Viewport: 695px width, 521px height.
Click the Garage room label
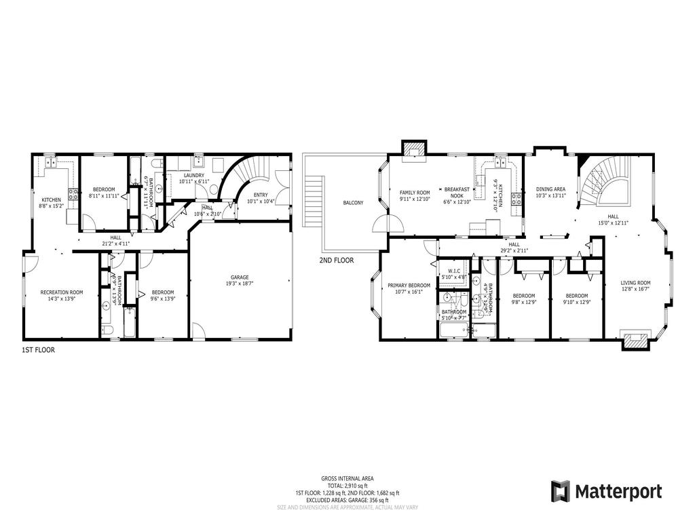pyautogui.click(x=240, y=277)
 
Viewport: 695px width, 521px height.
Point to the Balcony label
pyautogui.click(x=353, y=203)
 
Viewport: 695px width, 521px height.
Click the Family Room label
pyautogui.click(x=415, y=193)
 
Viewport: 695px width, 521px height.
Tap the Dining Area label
pyautogui.click(x=550, y=189)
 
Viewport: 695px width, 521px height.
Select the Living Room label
pyautogui.click(x=635, y=283)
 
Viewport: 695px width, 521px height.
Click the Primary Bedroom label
pyautogui.click(x=409, y=286)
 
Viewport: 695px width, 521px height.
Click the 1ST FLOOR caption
pyautogui.click(x=38, y=351)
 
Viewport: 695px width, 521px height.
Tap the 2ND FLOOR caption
pyautogui.click(x=336, y=260)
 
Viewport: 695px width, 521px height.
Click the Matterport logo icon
pyautogui.click(x=559, y=490)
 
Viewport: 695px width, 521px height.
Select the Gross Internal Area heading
pyautogui.click(x=347, y=478)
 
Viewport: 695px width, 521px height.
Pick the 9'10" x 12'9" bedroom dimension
pyautogui.click(x=576, y=303)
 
